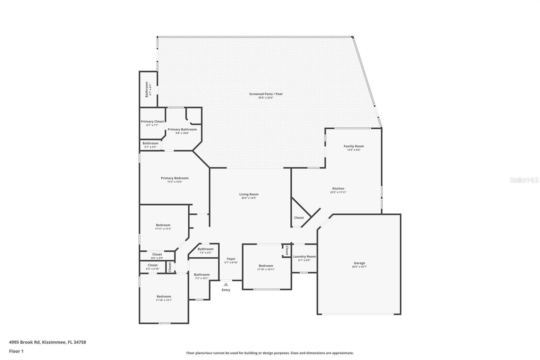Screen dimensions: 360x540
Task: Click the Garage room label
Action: pyautogui.click(x=359, y=263)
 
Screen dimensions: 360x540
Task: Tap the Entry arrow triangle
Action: pyautogui.click(x=226, y=284)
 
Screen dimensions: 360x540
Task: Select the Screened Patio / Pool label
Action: pyautogui.click(x=266, y=94)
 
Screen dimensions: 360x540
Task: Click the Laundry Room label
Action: pyautogui.click(x=304, y=257)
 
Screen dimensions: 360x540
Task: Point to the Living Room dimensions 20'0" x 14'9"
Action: pyautogui.click(x=249, y=198)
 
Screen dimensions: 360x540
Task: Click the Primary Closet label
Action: pyautogui.click(x=152, y=122)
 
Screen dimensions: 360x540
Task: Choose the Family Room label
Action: pyautogui.click(x=354, y=146)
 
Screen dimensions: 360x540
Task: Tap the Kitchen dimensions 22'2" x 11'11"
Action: pyautogui.click(x=338, y=192)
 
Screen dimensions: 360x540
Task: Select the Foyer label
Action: pyautogui.click(x=231, y=259)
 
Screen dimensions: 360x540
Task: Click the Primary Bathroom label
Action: pyautogui.click(x=182, y=129)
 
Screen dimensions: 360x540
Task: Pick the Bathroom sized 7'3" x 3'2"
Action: pyautogui.click(x=205, y=251)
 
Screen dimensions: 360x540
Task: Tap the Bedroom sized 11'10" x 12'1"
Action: pyautogui.click(x=164, y=298)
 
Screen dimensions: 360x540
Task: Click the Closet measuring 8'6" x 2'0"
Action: pyautogui.click(x=157, y=256)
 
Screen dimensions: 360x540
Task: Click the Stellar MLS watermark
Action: pyautogui.click(x=524, y=180)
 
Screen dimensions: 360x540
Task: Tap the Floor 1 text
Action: pyautogui.click(x=16, y=351)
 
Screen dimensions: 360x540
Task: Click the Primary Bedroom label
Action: pyautogui.click(x=174, y=178)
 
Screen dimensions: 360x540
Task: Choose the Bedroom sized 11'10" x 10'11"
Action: pyautogui.click(x=266, y=267)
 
